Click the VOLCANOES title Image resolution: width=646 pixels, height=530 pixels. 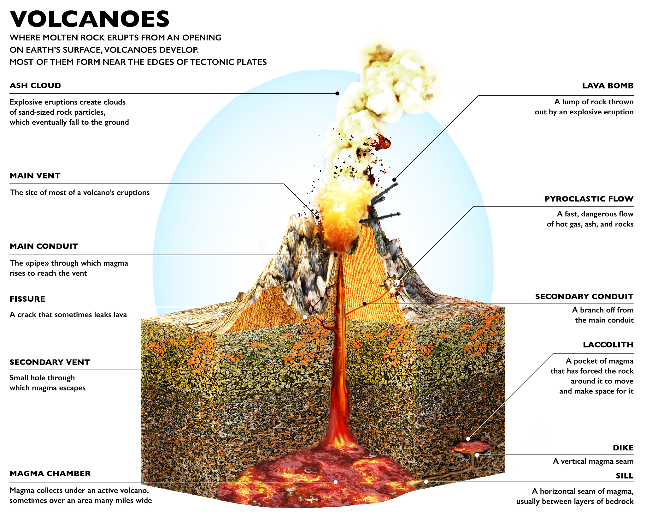coord(90,19)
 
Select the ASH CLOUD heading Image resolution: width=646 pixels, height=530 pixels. coord(35,86)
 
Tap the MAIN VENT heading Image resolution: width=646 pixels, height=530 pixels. coord(35,176)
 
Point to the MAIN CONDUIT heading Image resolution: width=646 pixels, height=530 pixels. coord(44,246)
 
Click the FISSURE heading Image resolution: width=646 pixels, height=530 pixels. coord(27,299)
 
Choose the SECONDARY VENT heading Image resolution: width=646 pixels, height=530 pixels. coord(50,362)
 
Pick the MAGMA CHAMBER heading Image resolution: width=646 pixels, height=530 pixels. coord(50,474)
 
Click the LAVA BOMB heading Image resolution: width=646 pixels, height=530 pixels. coord(608,86)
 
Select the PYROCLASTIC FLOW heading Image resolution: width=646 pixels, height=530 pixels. coord(589,199)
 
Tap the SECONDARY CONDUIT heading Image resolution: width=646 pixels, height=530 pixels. coord(584,297)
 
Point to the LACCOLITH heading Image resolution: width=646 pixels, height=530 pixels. coord(608,345)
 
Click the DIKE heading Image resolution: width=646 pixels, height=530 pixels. coord(623,448)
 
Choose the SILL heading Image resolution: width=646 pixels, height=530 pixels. coord(625,476)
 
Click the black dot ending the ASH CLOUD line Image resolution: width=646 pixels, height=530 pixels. coord(337,93)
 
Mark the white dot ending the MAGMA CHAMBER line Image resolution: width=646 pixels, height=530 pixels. coord(335,482)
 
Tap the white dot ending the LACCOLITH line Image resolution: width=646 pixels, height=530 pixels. coord(468,439)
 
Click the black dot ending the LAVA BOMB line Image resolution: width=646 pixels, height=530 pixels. coord(394,180)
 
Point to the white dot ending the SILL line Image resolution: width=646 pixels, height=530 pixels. coord(426,482)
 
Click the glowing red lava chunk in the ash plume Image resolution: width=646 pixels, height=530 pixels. coord(383,142)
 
